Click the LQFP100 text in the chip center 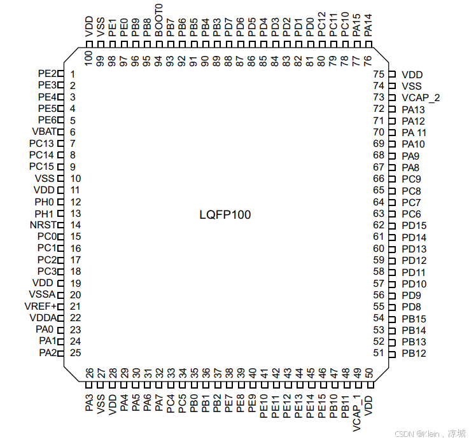[225, 215]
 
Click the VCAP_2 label [421, 97]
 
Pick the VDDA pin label [43, 317]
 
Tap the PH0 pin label [45, 202]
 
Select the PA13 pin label [414, 109]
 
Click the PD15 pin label [414, 226]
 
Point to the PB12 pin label [414, 353]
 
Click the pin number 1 [73, 74]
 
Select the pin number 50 [368, 373]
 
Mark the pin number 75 [379, 74]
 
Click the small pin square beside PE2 [61, 74]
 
